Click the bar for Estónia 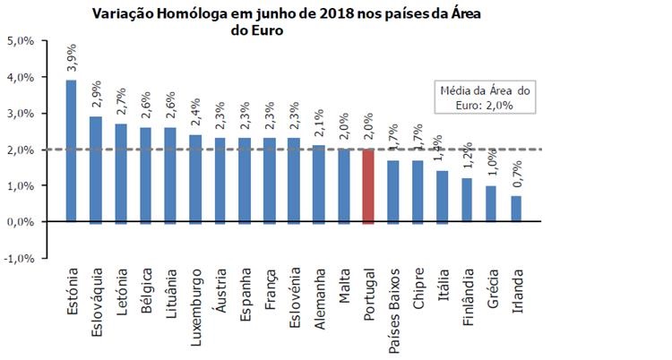tap(72, 150)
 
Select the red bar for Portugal tap(367, 185)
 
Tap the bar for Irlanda tap(516, 208)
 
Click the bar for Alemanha tap(319, 183)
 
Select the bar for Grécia tap(491, 203)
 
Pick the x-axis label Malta tap(343, 284)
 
